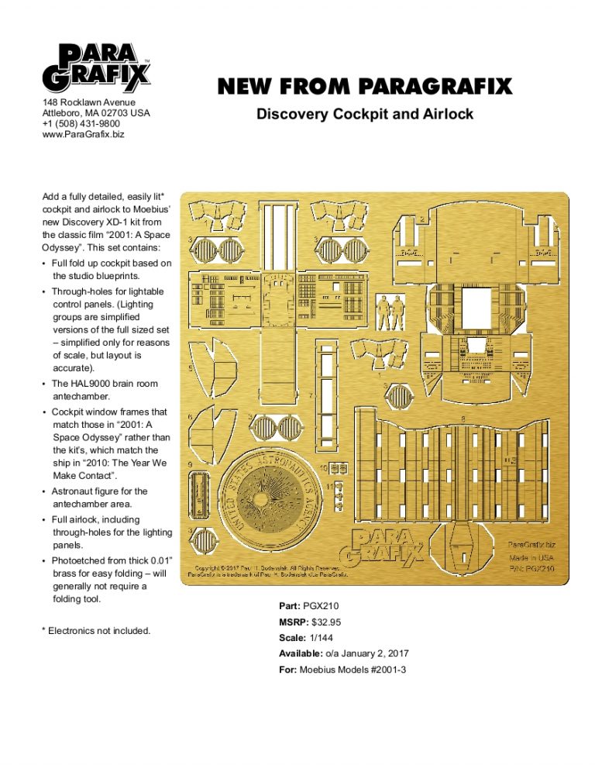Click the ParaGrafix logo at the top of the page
(97, 68)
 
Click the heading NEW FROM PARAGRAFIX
(364, 87)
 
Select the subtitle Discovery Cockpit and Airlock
(364, 115)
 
